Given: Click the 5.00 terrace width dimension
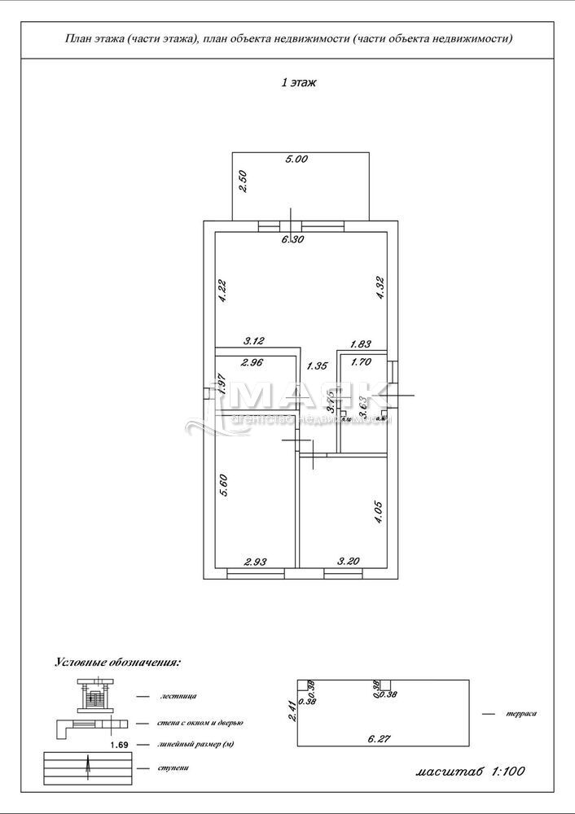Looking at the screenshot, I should tap(296, 160).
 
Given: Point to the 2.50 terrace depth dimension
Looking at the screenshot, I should tap(242, 180).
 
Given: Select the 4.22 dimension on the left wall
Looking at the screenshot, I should tap(222, 291).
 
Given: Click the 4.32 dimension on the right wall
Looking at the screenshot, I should tap(379, 289).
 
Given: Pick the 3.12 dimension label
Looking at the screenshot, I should tap(256, 343).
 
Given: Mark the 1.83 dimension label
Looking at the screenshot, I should tap(362, 344).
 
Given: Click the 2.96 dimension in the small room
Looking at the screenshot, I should tap(253, 362).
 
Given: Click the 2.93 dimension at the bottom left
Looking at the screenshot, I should tap(255, 561).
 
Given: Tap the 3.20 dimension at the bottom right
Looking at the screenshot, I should tap(349, 561).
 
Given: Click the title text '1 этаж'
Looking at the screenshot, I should tap(298, 83).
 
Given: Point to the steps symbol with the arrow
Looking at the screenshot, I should tap(86, 767).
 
